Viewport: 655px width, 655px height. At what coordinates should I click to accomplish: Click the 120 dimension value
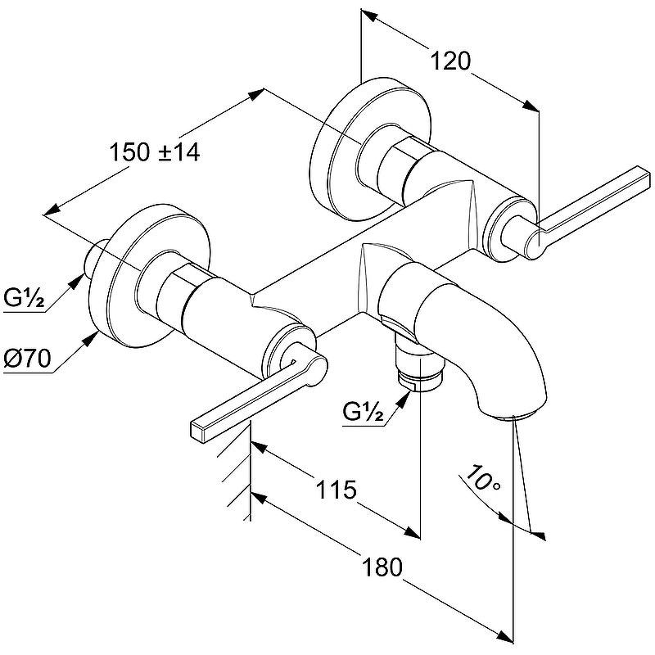tap(449, 61)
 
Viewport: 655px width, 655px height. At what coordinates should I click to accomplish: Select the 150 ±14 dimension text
tap(155, 151)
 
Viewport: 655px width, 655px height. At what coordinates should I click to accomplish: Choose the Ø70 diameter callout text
tap(25, 357)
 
